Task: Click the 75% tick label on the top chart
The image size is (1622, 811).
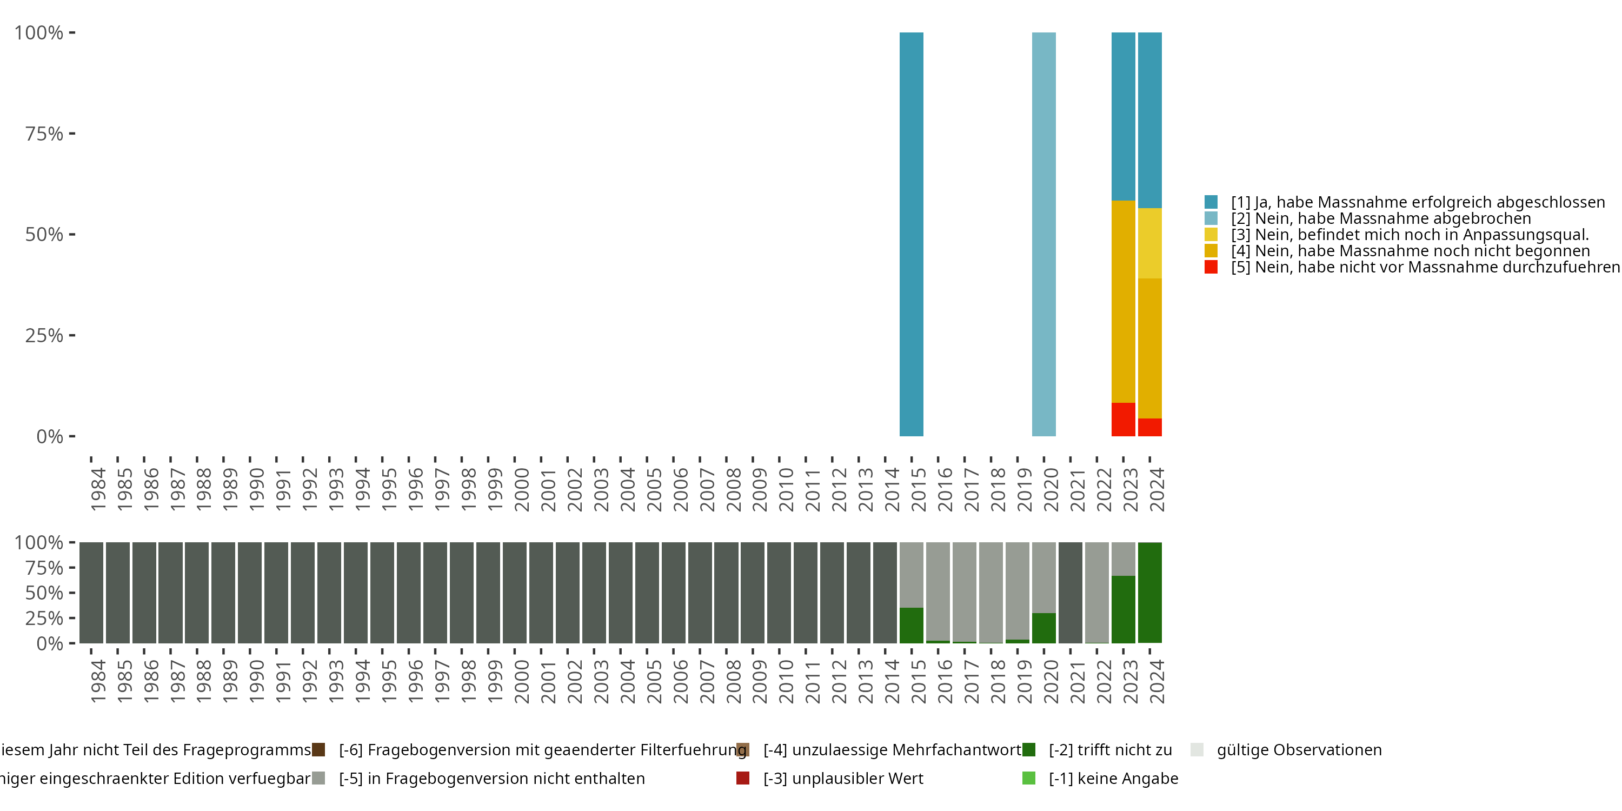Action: (44, 134)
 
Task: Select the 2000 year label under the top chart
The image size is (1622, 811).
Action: (522, 490)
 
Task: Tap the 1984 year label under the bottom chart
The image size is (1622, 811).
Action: (98, 681)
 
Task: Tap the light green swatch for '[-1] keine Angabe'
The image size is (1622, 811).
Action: (1028, 778)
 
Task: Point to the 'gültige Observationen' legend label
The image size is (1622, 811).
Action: (1298, 750)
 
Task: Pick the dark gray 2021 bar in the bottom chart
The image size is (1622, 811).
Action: (1070, 592)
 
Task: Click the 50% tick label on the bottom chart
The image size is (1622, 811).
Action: (44, 593)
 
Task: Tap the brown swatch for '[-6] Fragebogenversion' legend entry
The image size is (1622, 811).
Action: (318, 750)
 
